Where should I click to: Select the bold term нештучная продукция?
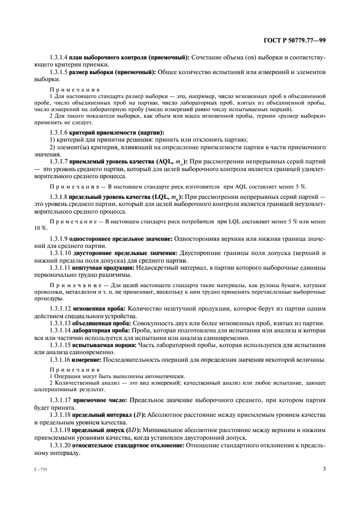coord(100,268)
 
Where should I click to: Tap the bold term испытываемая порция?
coord(102,346)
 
